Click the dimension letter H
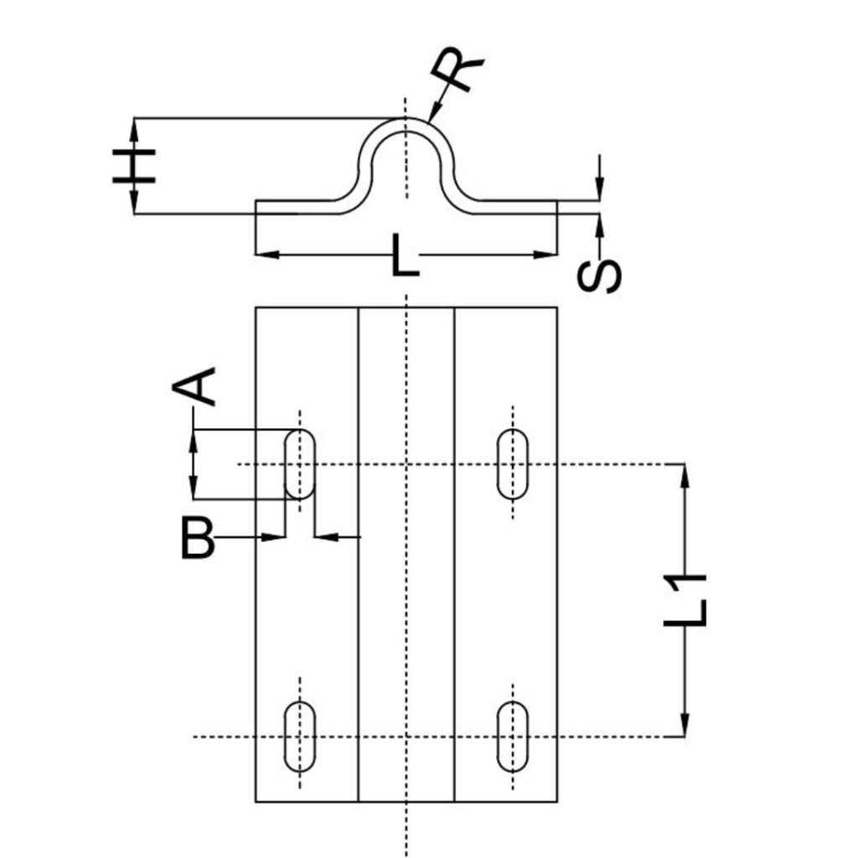(134, 165)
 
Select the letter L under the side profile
(406, 255)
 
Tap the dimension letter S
(599, 276)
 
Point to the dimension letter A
(194, 387)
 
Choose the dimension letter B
(197, 539)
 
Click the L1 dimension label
(685, 600)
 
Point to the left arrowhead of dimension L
(267, 255)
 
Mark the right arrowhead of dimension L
(545, 255)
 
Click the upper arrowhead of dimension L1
(685, 476)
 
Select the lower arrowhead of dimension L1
(685, 725)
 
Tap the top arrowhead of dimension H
(134, 129)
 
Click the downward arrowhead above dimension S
(600, 189)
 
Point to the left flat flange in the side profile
(296, 208)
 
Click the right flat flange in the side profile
(517, 208)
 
